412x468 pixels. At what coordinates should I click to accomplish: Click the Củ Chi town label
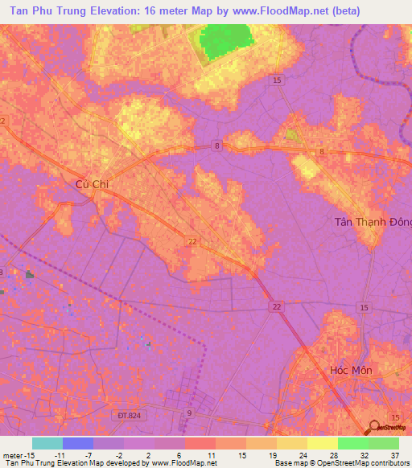click(91, 184)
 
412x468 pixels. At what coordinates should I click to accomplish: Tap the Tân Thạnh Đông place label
click(373, 222)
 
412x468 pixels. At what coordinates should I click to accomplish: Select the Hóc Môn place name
click(352, 370)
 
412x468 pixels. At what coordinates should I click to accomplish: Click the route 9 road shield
click(190, 413)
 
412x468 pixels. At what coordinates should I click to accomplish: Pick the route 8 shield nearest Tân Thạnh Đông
click(321, 151)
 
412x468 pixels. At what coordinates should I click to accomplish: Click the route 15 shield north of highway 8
click(277, 80)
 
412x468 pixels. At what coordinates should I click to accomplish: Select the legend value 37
click(395, 454)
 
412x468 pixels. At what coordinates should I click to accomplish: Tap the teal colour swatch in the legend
click(47, 443)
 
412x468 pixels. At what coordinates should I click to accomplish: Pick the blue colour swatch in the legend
click(77, 443)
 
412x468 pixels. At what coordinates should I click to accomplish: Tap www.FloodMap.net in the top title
click(276, 10)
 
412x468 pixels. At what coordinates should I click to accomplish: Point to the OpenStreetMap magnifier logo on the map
click(375, 428)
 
